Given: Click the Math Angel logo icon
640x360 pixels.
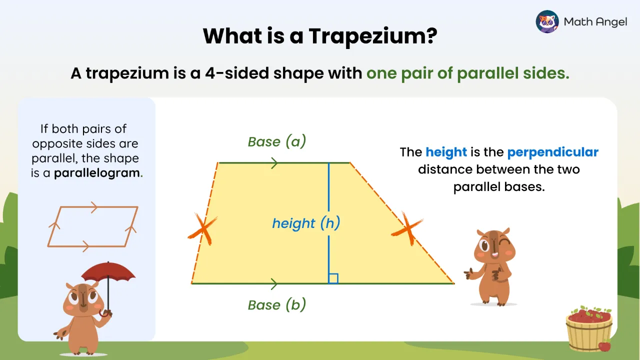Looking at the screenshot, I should coord(547,21).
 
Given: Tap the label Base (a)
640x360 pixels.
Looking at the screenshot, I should coord(277,142).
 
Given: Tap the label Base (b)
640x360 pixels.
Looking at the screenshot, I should coord(277,304).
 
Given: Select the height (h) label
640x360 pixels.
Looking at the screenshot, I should coord(306,223).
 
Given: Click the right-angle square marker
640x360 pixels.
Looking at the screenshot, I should coord(333,278).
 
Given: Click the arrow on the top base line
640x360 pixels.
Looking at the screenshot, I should coord(274,162).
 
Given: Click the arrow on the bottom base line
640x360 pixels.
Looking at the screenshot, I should coord(274,284).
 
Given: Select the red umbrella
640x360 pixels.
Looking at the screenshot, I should coord(108,272).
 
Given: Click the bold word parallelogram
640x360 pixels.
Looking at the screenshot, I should coord(97,173).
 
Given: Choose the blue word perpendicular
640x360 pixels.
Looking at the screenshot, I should coord(552,152).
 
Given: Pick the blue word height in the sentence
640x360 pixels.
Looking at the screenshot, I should coord(446,152).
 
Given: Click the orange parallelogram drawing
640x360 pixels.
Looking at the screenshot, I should coord(93,226).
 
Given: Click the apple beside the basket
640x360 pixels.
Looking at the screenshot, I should coord(604,345).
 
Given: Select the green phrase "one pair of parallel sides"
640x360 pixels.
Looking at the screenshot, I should coord(467,73).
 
